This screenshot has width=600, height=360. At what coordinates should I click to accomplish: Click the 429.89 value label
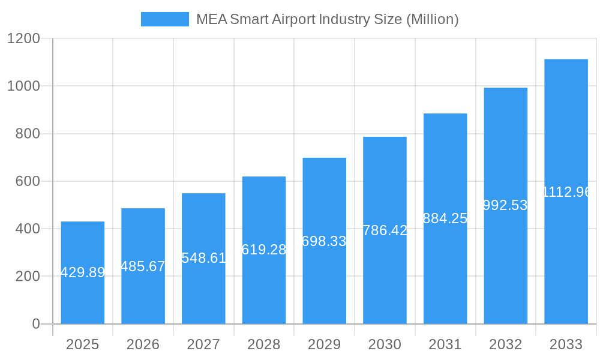point(83,272)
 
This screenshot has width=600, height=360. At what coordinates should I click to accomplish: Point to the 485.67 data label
point(143,266)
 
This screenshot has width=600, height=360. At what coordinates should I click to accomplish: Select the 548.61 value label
point(203,258)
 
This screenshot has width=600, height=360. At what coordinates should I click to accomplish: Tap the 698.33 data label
point(325,241)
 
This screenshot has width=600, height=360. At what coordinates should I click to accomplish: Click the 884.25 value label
point(445,218)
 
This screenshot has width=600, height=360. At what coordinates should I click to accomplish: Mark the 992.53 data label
point(506,205)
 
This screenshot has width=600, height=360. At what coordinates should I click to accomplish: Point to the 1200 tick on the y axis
point(23,39)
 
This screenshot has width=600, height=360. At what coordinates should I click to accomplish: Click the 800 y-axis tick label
point(28,134)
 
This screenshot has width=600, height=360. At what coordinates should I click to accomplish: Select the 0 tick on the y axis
point(35,324)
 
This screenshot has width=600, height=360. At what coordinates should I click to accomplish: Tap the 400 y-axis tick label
point(28,229)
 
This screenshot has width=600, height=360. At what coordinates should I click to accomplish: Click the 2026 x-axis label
point(143,344)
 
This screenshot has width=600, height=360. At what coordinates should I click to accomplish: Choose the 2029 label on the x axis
point(325,344)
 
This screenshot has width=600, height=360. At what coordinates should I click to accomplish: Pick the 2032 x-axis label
point(506,344)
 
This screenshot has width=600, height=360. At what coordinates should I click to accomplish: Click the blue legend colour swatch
point(165,19)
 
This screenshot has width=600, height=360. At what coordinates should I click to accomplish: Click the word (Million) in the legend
point(433,19)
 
